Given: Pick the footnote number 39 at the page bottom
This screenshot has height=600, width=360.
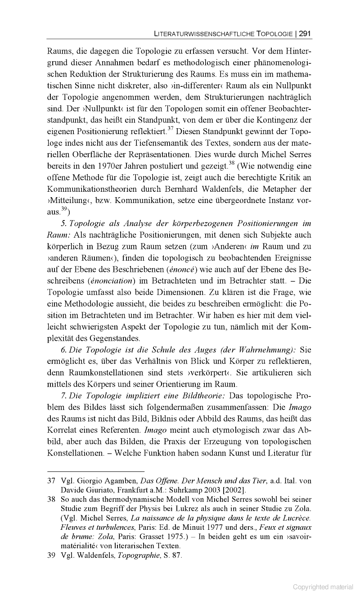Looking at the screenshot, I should pyautogui.click(x=51, y=556).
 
